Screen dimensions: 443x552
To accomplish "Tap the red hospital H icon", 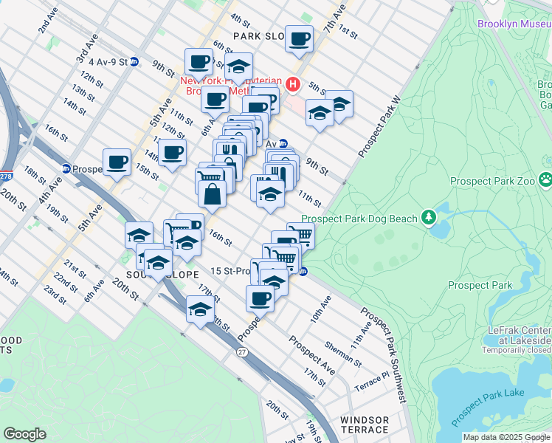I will [x=293, y=85].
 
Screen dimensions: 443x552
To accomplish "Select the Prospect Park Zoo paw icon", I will [x=545, y=179].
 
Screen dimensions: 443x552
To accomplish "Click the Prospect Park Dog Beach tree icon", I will [x=427, y=217].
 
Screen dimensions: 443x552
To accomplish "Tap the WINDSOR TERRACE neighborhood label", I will [x=364, y=425].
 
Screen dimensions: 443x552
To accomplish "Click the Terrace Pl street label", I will [x=370, y=380].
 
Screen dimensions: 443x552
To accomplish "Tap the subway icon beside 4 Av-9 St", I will [x=134, y=62].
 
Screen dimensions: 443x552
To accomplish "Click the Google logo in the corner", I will [x=24, y=434].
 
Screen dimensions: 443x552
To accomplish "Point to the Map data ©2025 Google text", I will [x=506, y=437].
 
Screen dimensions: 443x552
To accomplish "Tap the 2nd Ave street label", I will [x=48, y=21].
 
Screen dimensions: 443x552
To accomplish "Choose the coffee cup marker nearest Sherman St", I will [x=259, y=298].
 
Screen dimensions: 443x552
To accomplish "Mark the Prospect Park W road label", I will [x=380, y=126].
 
